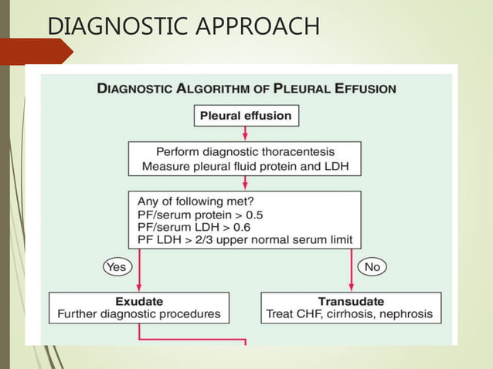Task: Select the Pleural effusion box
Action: coord(246,116)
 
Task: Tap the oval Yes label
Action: coord(116,266)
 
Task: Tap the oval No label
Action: coord(372,266)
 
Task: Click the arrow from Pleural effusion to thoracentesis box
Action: coord(245,133)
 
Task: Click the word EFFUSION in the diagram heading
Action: coord(361,89)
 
